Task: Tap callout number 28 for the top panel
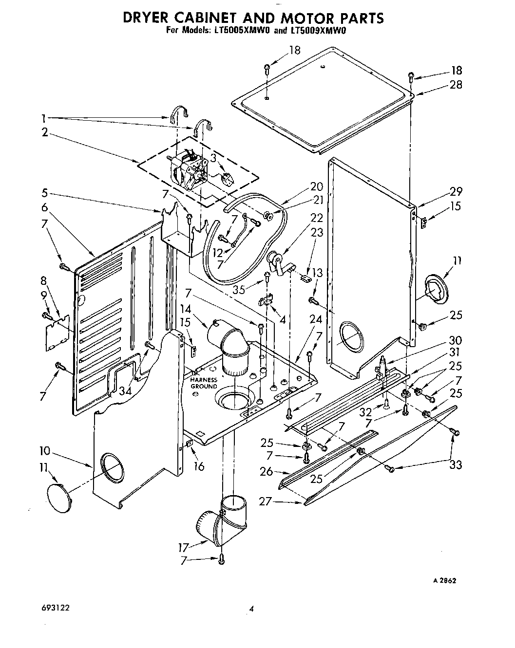(456, 85)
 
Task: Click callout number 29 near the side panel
(456, 191)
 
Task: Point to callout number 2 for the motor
(45, 132)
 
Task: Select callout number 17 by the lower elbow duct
(185, 547)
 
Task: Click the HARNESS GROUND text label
(204, 383)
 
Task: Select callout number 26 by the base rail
(267, 471)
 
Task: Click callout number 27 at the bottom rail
(266, 501)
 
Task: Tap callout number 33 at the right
(455, 464)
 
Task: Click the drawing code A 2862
(444, 580)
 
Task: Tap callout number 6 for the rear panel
(45, 207)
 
